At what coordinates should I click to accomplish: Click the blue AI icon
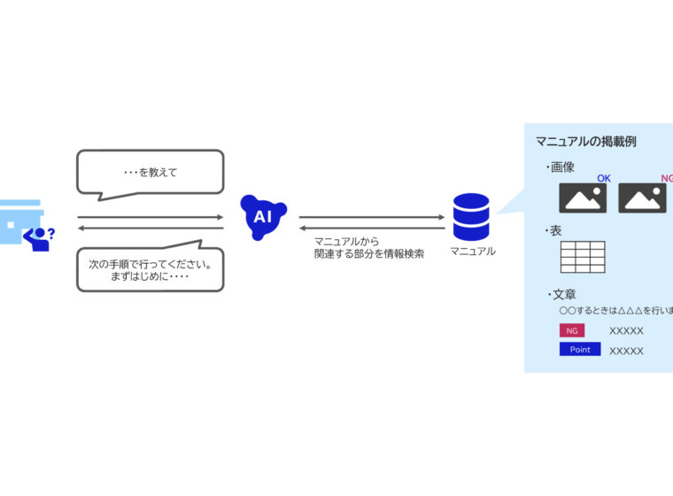pos(263,215)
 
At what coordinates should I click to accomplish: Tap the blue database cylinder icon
pos(471,217)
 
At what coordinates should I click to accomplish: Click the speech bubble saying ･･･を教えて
pos(150,171)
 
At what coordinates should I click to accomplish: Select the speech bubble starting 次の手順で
pos(150,269)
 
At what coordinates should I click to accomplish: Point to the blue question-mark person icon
pos(40,236)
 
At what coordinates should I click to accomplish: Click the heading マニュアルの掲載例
pos(585,141)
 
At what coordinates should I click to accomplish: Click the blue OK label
pos(603,178)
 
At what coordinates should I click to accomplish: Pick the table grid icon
pos(583,257)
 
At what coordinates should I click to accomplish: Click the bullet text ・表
pos(553,230)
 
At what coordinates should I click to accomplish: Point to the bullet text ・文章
pos(561,294)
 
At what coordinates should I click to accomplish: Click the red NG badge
pos(572,330)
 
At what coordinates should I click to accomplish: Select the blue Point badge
pos(580,349)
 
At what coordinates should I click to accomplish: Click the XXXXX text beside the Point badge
pos(626,351)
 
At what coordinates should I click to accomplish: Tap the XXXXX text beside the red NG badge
pos(626,331)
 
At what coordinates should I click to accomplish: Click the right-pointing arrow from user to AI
pos(150,217)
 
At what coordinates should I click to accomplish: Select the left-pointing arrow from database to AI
pos(371,228)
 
